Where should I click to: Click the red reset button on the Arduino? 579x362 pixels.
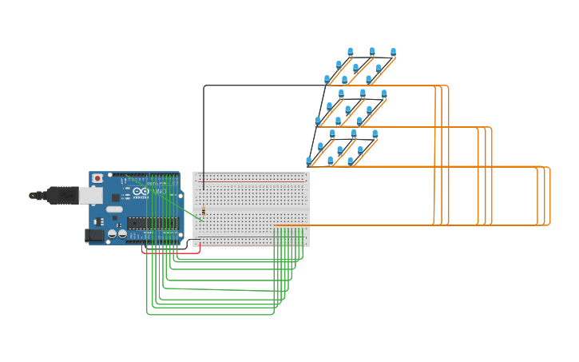point(97,178)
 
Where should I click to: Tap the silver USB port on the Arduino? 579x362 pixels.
point(90,195)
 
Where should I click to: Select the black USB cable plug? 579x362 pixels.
point(62,195)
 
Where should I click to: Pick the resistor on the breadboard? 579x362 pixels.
point(203,212)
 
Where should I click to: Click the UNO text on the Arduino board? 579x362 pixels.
point(159,193)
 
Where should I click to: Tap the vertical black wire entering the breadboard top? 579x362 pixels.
point(204,136)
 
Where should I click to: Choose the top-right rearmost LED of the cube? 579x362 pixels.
point(393,52)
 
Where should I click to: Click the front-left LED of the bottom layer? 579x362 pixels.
point(309,161)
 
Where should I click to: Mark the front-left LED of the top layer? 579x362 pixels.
point(327,79)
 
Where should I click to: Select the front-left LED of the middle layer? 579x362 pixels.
point(318,121)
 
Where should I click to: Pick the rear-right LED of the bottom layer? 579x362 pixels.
point(375,134)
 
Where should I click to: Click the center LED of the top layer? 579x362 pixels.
point(356,67)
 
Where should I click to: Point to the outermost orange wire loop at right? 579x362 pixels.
point(549,196)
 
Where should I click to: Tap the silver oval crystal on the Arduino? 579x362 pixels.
point(115,209)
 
